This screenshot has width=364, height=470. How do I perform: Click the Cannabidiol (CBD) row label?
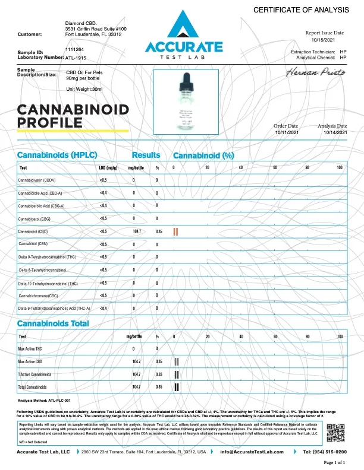point(40,231)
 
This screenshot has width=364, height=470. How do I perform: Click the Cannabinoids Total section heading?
point(53,323)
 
